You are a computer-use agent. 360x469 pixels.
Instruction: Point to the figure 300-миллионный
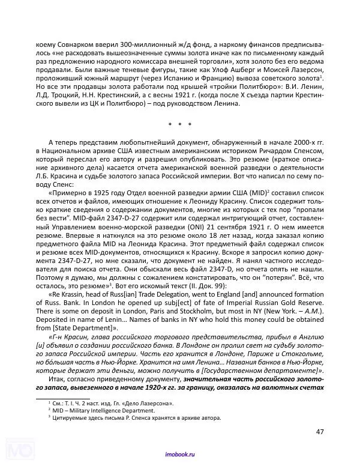tap(137, 45)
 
